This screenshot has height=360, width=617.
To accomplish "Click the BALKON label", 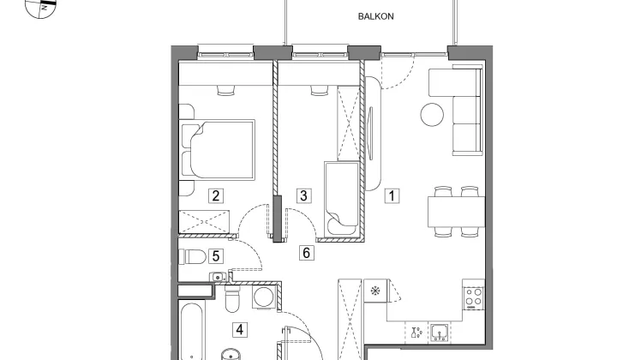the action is (376, 16).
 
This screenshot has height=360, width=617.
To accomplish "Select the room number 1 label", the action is (392, 196).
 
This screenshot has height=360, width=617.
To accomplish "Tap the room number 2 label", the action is (216, 196).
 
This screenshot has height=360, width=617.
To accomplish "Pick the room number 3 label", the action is (303, 196).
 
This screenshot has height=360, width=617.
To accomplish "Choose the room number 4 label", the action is (240, 330).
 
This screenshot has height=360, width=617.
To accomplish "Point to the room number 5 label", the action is (216, 256).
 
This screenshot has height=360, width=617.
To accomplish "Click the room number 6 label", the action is (307, 253).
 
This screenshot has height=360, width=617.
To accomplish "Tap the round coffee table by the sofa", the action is (432, 115).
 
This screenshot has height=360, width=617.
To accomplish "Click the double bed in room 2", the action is (218, 150).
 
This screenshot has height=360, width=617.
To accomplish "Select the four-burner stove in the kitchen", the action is (474, 297).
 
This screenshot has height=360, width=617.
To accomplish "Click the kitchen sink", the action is (439, 333).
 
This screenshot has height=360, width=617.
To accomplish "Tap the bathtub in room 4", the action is (192, 331).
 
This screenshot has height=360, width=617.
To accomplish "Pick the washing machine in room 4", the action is (264, 297).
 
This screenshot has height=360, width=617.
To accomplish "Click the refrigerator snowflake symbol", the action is (375, 291).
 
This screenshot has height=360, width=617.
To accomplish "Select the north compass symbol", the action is (41, 9).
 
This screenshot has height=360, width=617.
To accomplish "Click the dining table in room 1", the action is (457, 212).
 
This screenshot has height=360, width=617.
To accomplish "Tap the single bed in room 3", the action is (341, 199).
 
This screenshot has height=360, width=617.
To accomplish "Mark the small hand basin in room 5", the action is (218, 277).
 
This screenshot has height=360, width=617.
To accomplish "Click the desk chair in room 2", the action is (226, 91).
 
